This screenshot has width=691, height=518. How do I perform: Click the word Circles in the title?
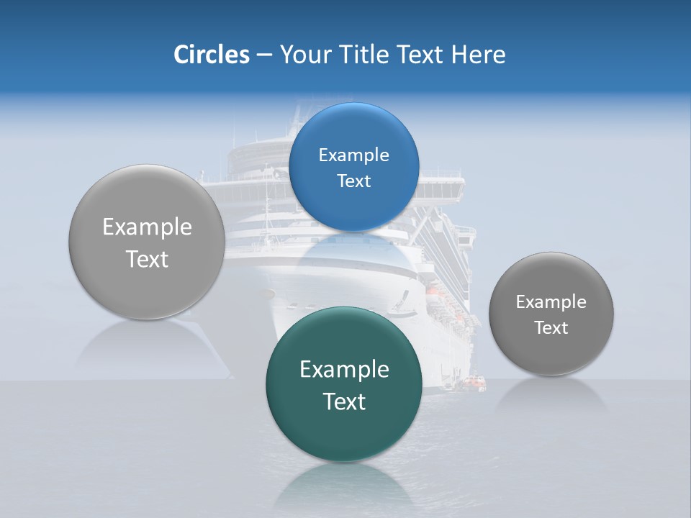211,55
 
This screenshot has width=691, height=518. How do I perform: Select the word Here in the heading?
478,55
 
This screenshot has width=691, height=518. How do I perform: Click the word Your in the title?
305,55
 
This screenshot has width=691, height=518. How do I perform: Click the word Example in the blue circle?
353,155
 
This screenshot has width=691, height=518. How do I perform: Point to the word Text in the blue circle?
353,181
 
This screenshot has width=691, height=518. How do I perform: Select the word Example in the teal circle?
344,369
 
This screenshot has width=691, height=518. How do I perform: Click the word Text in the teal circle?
344,401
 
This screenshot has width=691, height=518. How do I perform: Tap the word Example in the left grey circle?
147,227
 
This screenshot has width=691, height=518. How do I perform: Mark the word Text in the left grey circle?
147,259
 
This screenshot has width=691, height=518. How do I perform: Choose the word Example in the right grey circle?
551,301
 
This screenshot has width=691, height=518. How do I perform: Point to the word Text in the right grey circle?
551,327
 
